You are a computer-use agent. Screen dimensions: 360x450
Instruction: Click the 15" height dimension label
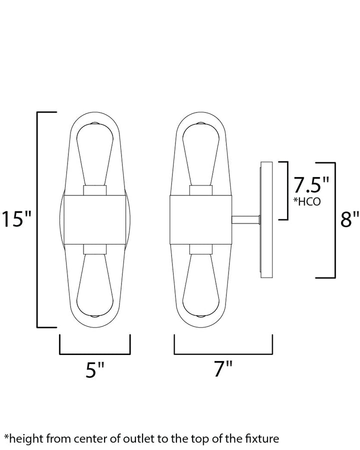(16, 219)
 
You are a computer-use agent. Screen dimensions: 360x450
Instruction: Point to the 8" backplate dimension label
(349, 219)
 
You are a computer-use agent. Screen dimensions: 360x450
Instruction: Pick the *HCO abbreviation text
(306, 201)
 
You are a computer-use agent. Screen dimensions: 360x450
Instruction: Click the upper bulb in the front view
(95, 154)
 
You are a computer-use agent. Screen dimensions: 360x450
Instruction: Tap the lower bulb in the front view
(95, 286)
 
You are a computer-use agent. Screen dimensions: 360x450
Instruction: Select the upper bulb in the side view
(201, 154)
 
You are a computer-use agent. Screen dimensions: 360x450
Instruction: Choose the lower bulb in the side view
(201, 286)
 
